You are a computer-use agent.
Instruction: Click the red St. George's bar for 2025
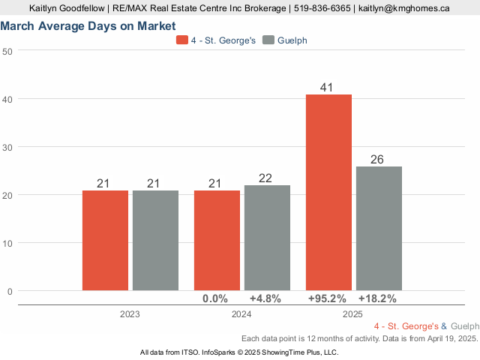(x=328, y=192)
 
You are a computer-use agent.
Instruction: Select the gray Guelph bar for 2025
(x=379, y=228)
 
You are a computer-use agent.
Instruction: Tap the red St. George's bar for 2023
(x=105, y=240)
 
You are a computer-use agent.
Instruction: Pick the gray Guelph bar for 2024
(x=267, y=238)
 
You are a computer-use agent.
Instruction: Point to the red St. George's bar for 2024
(x=217, y=240)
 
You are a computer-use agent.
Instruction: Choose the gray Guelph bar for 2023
(x=155, y=240)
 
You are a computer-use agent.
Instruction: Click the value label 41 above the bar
(x=326, y=88)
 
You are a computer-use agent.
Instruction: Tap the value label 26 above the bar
(x=378, y=160)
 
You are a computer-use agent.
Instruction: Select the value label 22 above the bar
(x=266, y=178)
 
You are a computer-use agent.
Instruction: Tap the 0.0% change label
(x=215, y=298)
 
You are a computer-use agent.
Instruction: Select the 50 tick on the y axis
(x=7, y=51)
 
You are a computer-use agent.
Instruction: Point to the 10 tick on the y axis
(x=7, y=243)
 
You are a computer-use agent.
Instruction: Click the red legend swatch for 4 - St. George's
(x=182, y=40)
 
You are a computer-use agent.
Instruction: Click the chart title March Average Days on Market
(x=88, y=26)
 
